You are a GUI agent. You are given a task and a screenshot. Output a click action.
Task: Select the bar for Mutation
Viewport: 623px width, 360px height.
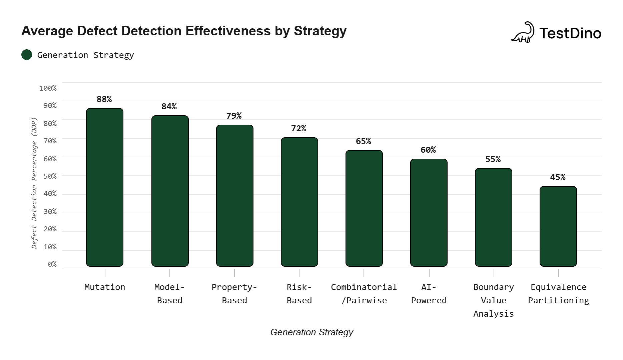click(x=105, y=187)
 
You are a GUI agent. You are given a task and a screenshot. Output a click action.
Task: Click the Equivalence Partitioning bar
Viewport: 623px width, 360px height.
click(x=558, y=226)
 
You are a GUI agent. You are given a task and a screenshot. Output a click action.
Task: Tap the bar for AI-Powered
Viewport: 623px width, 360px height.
click(x=429, y=213)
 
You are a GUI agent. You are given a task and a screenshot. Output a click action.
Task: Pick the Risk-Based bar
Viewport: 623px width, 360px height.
click(x=299, y=202)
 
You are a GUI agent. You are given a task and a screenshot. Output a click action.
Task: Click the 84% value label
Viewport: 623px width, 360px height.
click(x=169, y=106)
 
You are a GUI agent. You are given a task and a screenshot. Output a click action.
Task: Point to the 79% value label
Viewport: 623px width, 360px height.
click(x=234, y=116)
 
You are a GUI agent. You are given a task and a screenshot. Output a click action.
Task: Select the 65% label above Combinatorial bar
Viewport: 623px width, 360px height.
click(x=363, y=141)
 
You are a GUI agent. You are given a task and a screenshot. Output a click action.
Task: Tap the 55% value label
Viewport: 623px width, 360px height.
click(x=493, y=159)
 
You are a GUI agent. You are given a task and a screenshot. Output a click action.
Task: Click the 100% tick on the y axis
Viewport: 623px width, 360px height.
click(x=48, y=88)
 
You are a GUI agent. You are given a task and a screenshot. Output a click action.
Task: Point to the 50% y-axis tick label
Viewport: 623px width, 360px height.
click(x=50, y=176)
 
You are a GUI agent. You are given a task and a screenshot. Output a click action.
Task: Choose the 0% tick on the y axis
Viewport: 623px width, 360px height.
click(x=52, y=264)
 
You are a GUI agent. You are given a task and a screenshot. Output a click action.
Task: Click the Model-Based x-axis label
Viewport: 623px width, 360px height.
click(x=169, y=294)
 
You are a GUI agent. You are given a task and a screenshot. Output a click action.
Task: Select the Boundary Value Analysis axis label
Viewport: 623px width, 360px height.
click(x=493, y=300)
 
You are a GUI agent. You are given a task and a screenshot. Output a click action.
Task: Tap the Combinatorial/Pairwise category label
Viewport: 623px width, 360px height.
click(x=364, y=294)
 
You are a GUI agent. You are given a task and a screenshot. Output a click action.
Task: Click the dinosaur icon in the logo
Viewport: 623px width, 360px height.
click(x=523, y=32)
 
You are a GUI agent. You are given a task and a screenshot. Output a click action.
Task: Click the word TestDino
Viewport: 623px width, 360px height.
click(x=570, y=33)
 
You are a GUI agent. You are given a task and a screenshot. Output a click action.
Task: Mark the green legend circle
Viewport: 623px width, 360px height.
click(x=27, y=55)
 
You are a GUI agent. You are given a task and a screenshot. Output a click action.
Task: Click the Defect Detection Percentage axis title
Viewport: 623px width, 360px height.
click(x=34, y=183)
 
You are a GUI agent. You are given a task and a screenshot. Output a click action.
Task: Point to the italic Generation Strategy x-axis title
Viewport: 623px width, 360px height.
click(x=311, y=332)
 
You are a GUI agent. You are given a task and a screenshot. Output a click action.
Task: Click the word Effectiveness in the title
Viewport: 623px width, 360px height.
click(x=228, y=31)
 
